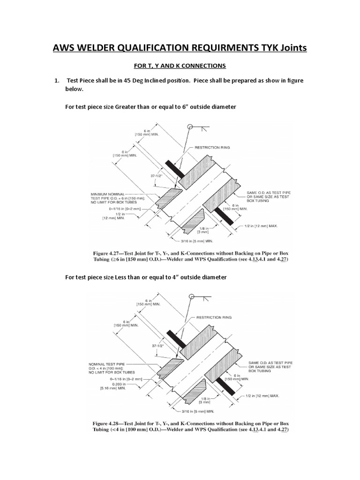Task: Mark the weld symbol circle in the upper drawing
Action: (x=190, y=127)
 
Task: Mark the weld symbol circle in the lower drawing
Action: (x=190, y=296)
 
